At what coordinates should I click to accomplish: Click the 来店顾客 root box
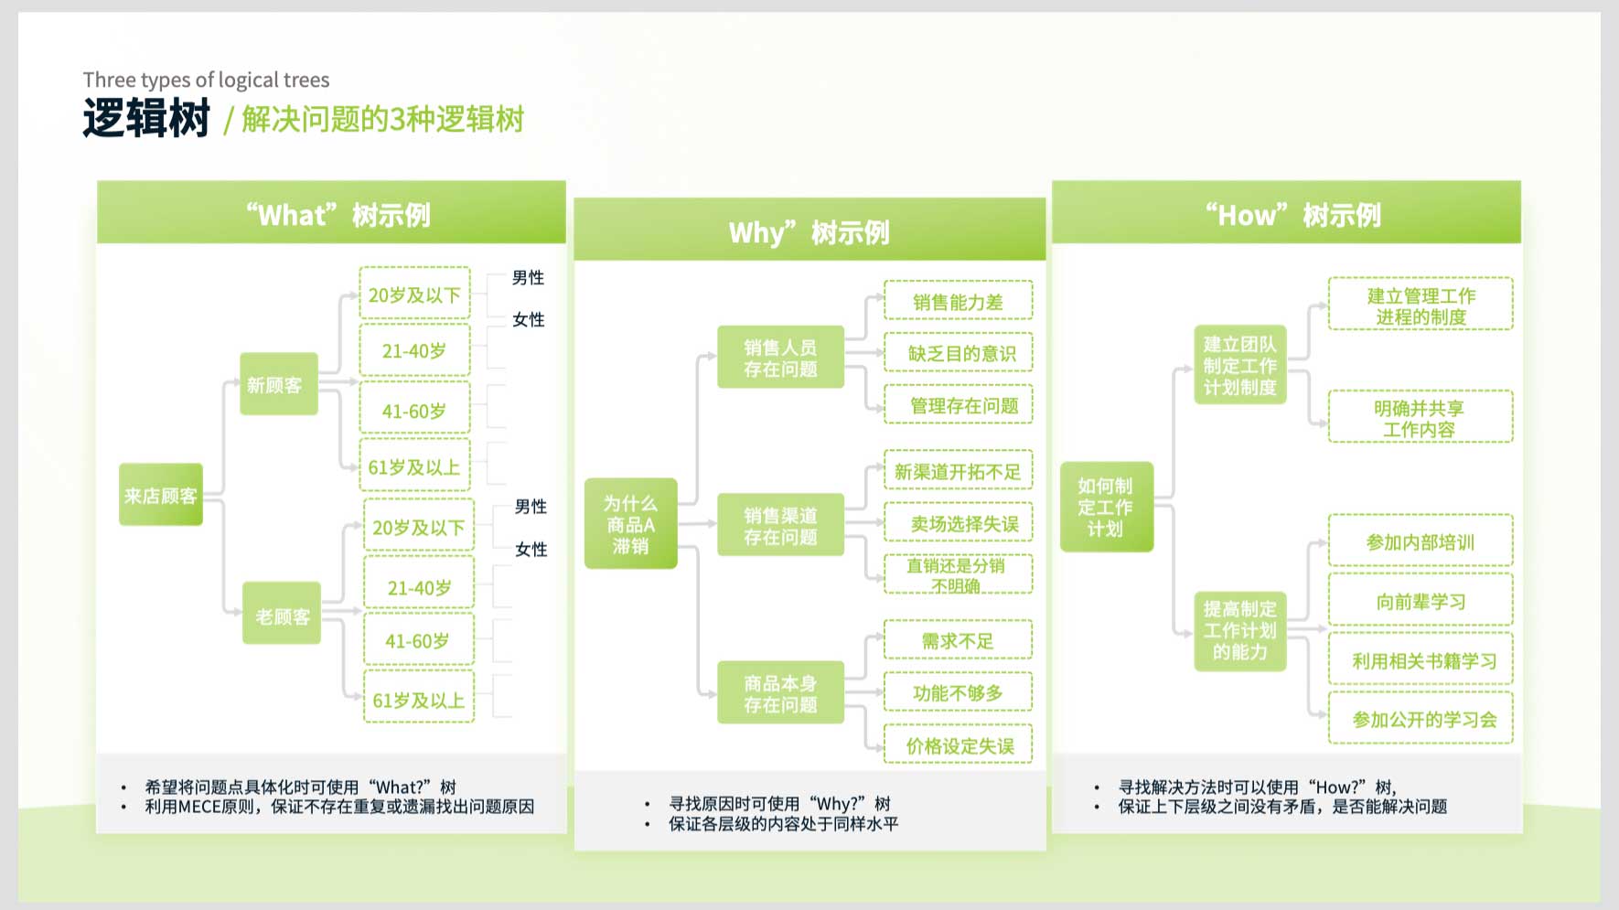coord(161,495)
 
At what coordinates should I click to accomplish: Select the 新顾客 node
coord(278,384)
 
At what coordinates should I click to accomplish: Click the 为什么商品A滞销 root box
coord(631,524)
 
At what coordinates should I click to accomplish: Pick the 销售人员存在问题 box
coord(780,358)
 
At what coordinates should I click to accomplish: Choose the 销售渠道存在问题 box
coord(780,526)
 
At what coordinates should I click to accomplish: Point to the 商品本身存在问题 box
coord(780,693)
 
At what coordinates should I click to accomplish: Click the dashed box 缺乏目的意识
coord(959,353)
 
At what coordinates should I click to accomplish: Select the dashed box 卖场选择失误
coord(959,523)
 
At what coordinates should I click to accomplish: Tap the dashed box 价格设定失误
coord(959,745)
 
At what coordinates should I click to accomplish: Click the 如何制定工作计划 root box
coord(1107,507)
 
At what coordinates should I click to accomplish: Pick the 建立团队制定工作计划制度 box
coord(1240,365)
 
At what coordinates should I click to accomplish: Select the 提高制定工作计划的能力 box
coord(1240,631)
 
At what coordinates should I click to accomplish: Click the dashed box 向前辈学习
coord(1421,601)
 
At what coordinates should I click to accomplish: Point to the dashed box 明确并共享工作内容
coord(1421,417)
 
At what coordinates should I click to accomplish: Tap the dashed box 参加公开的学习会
coord(1421,719)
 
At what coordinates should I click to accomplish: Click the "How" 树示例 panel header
coord(1287,214)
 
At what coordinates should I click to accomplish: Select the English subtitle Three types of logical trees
coord(207,80)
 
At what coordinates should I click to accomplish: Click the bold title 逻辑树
coord(146,118)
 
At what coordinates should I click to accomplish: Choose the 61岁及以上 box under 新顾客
coord(415,466)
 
